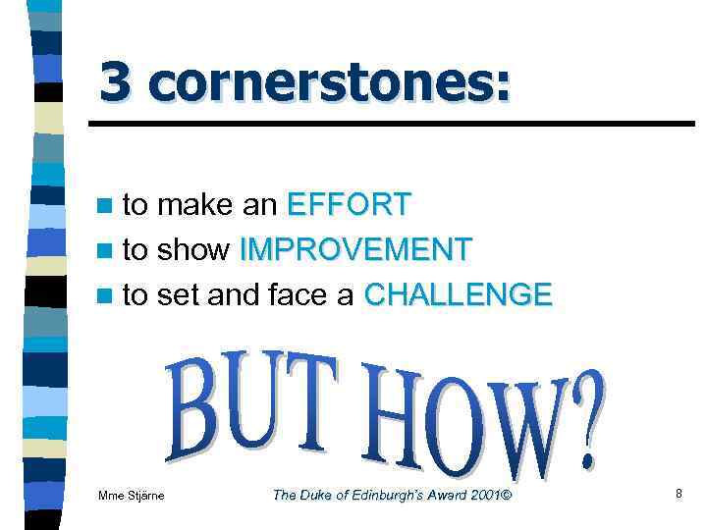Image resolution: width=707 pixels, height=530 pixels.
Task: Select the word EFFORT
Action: [x=350, y=204]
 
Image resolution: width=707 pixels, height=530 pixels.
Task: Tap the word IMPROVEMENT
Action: [x=356, y=249]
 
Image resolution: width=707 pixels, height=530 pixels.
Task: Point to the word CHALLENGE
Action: [x=458, y=293]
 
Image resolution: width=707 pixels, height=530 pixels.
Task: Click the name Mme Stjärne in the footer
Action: [x=133, y=496]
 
